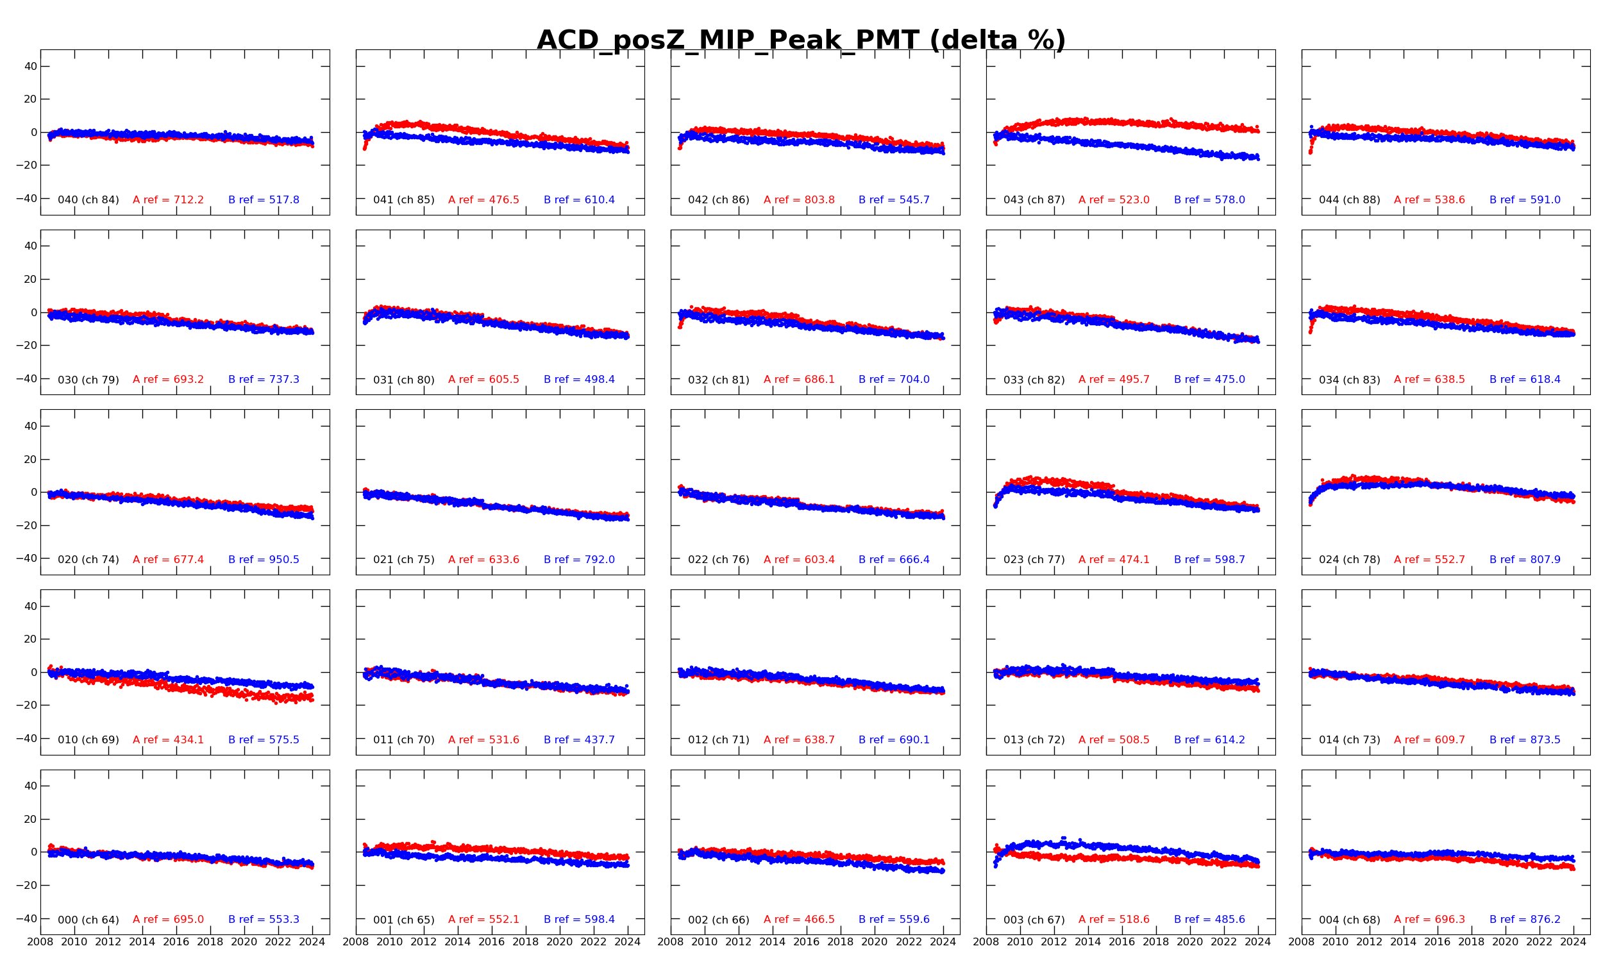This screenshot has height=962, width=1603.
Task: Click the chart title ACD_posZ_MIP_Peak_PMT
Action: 801,40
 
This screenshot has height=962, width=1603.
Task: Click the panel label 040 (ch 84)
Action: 88,199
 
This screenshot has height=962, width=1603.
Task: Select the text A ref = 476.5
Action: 483,199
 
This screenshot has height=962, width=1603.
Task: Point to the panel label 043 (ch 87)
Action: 1034,199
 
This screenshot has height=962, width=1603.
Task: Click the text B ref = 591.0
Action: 1525,199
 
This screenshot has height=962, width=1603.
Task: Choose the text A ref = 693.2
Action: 168,379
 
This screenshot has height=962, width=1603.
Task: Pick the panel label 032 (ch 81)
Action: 719,380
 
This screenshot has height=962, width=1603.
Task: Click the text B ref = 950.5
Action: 263,559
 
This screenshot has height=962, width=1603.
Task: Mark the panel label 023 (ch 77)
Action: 1034,559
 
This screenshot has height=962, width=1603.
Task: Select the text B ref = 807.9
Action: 1525,559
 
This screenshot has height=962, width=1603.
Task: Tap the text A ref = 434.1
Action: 168,739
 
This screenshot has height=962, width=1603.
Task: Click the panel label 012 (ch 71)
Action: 719,739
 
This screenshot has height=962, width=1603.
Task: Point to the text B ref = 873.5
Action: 1525,739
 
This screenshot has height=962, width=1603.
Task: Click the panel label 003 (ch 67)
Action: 1034,919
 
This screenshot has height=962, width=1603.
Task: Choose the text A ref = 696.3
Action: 1429,919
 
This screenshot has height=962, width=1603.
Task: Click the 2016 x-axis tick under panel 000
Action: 176,942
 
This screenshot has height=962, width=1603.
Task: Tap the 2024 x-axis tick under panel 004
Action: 1574,942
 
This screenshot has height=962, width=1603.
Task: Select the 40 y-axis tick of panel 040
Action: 30,66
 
